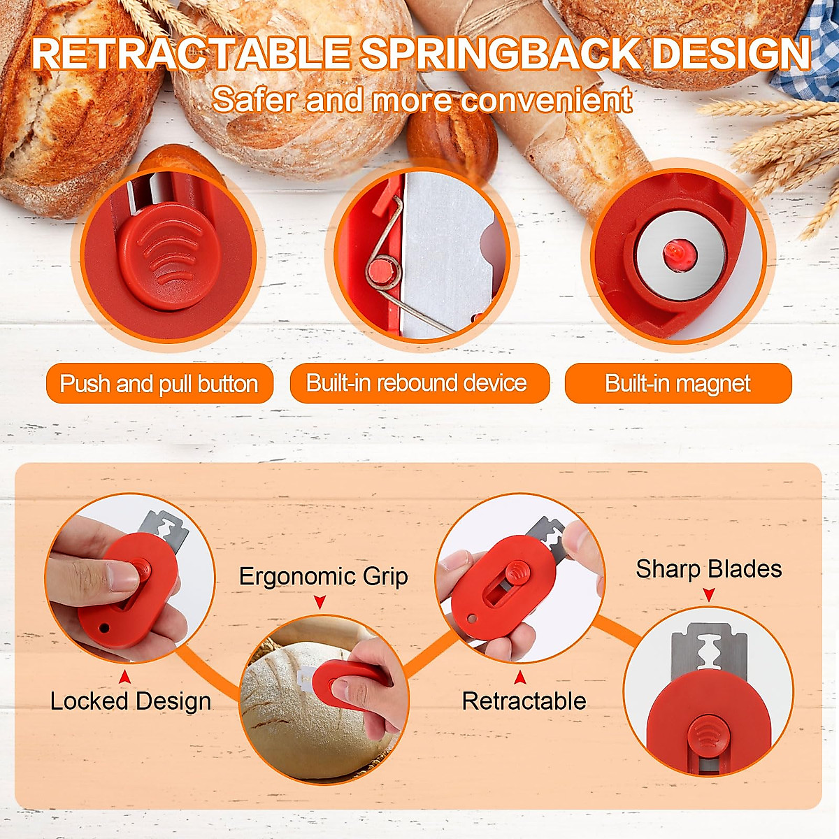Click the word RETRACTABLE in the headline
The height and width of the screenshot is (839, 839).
pos(191,55)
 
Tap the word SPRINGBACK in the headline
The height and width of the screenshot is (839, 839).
pos(499,55)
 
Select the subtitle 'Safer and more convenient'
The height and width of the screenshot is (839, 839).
pos(422,99)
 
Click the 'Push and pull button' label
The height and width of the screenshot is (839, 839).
pos(159,383)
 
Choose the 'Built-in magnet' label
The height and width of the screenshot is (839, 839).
pos(677,383)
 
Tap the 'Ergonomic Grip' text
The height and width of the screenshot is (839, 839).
pos(323,576)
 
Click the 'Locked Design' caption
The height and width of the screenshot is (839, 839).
pos(131,701)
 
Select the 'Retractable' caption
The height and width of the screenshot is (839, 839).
pos(524,701)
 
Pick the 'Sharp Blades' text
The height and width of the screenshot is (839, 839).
pos(708,569)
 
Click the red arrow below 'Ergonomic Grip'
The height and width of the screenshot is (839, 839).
pos(320,601)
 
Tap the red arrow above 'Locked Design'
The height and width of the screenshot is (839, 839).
pos(124,677)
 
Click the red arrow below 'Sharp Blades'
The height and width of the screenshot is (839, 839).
pos(708,594)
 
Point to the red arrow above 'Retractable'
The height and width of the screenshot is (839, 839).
pos(519,677)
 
